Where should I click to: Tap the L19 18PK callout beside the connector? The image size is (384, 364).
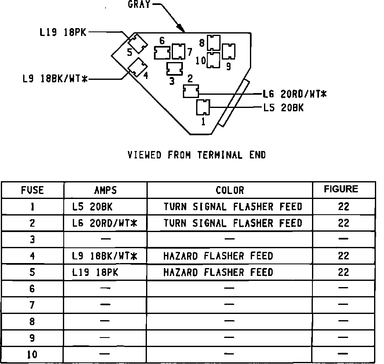63,32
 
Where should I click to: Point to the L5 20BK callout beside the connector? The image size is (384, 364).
283,108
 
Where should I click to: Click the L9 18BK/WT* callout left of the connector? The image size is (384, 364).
55,79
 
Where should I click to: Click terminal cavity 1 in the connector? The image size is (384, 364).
203,108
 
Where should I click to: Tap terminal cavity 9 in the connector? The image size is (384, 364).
228,51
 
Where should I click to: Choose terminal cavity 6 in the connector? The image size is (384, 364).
162,53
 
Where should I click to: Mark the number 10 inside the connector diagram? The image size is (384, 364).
201,61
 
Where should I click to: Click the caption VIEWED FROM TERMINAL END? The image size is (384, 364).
197,155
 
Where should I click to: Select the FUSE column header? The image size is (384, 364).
32,190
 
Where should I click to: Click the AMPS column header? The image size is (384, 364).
105,190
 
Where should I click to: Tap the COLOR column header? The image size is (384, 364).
230,190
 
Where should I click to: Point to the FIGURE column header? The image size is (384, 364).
341,189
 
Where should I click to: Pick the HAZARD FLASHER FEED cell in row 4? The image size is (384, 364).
218,256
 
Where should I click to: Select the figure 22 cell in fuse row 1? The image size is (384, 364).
343,206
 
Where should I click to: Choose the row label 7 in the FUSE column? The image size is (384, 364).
32,305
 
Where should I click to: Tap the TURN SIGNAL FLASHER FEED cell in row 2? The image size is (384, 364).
233,223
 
